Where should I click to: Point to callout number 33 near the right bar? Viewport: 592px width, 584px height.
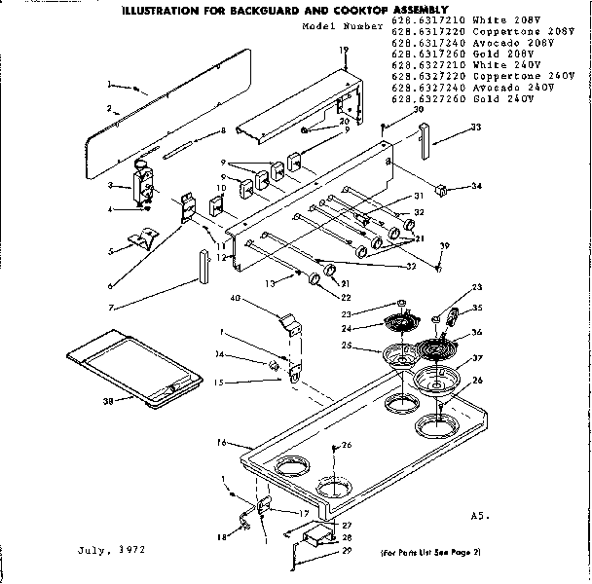tap(475, 128)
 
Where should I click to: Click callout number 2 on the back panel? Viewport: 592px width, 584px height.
tap(113, 112)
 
